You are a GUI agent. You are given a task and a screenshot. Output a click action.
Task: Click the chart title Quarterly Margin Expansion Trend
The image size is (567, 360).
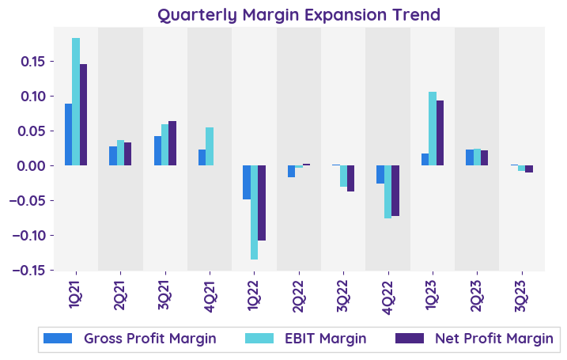299,15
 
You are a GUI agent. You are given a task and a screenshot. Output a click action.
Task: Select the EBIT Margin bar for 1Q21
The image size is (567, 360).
76,101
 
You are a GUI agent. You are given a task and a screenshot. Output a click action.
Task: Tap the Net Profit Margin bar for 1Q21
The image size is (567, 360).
84,115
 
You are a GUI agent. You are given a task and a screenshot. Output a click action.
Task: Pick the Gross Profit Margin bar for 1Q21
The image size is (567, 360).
69,135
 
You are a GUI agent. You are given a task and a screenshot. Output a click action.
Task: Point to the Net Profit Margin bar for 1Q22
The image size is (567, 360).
262,203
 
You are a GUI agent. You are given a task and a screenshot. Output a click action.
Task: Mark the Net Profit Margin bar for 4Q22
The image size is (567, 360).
395,191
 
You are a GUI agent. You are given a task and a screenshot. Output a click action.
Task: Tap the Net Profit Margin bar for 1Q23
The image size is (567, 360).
440,133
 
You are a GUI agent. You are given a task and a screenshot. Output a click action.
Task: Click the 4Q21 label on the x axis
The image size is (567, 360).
210,290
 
